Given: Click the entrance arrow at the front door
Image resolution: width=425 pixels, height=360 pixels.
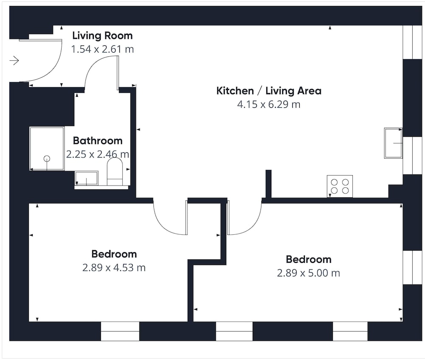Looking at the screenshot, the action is [14, 60].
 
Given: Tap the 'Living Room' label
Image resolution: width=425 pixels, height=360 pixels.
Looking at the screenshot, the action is [102, 36].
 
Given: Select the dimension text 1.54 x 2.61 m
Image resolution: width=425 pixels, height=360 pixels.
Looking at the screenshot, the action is [102, 49].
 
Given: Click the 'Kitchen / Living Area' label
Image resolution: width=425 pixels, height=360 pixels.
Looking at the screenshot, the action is [269, 91].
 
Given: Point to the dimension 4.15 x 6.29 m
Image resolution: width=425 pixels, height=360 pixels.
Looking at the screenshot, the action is [269, 104].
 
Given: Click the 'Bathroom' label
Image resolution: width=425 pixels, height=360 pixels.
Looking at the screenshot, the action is [98, 141].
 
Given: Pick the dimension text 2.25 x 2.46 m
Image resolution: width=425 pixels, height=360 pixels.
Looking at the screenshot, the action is [98, 154].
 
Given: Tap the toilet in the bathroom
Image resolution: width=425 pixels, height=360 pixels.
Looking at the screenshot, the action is [115, 172].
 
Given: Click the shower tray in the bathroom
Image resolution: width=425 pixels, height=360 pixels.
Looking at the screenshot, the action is [47, 149].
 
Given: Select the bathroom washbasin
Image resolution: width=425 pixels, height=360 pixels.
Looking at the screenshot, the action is [86, 178].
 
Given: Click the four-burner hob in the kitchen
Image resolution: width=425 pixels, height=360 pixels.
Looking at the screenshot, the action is [340, 186].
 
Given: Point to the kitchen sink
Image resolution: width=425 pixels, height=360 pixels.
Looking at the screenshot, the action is [393, 143].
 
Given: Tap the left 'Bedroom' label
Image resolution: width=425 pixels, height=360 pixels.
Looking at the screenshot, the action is [114, 254].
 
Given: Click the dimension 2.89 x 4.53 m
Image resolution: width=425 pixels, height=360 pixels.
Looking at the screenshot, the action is [114, 268].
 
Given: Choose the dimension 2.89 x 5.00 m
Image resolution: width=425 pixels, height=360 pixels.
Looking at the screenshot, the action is [309, 273].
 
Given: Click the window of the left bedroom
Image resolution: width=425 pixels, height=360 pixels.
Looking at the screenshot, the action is [120, 331].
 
